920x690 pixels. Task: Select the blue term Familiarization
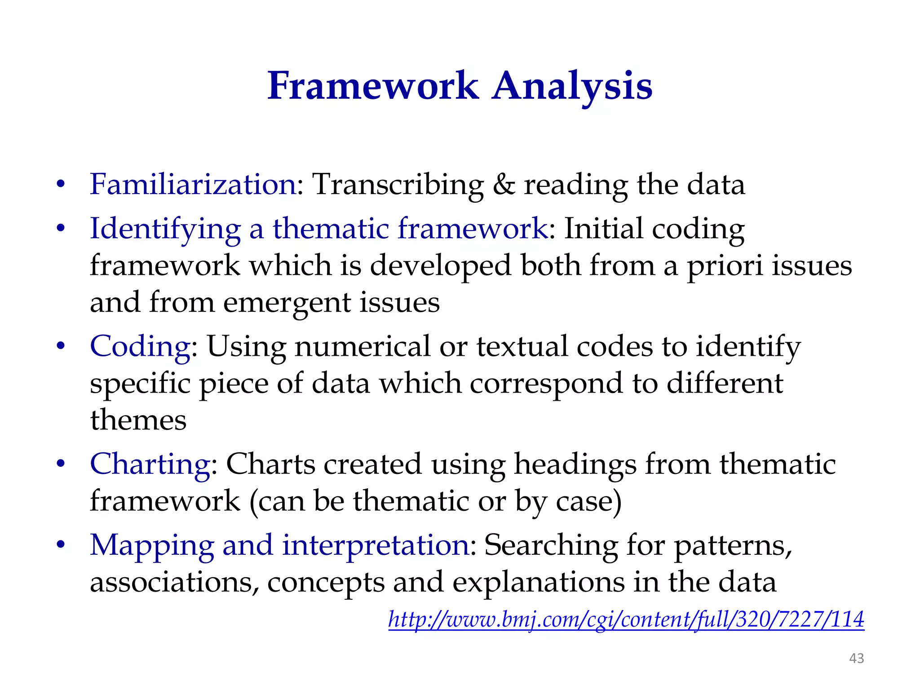(x=193, y=184)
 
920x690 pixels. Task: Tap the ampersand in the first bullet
(x=504, y=184)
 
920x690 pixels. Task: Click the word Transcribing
(x=398, y=184)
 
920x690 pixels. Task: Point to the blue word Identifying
(x=165, y=229)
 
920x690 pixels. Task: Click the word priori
(x=725, y=266)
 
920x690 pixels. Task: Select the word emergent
(x=287, y=303)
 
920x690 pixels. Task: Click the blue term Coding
(x=140, y=346)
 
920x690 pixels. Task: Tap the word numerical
(x=362, y=346)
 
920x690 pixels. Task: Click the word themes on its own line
(x=138, y=420)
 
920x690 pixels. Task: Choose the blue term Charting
(x=150, y=464)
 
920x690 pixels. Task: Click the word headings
(x=575, y=464)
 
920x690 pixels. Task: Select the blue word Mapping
(x=152, y=545)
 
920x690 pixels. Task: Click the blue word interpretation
(x=376, y=545)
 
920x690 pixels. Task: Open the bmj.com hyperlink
(x=626, y=619)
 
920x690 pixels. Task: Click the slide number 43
(x=856, y=658)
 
